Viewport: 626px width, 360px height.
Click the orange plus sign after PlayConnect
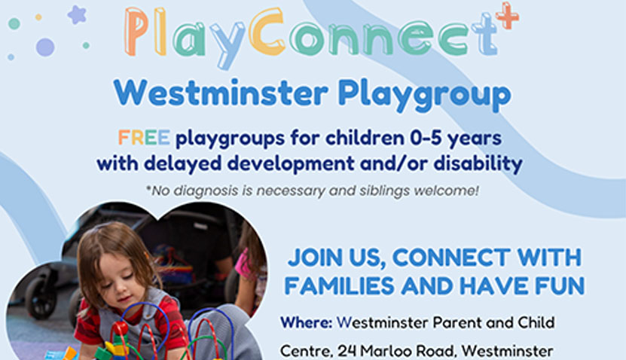(x=507, y=16)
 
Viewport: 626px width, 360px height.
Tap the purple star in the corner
(x=77, y=15)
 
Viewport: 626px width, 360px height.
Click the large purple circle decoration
(x=45, y=47)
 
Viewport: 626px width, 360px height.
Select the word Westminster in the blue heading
(x=221, y=93)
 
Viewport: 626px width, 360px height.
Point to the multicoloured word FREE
(x=144, y=138)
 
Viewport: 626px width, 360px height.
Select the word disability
(x=478, y=163)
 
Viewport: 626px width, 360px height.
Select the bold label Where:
(x=306, y=322)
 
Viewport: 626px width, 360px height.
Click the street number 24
(x=347, y=352)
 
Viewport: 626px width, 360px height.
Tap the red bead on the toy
(x=121, y=328)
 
